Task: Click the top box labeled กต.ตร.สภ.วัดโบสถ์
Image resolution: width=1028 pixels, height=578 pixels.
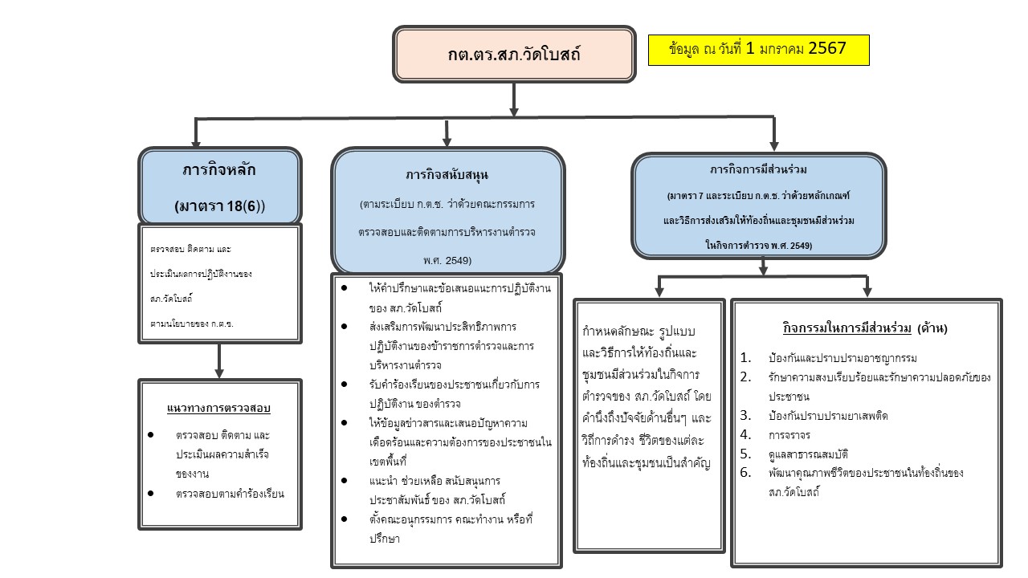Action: click(514, 55)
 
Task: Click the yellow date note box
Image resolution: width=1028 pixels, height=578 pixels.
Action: click(758, 49)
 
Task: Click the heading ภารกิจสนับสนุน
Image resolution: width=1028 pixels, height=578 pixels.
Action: click(447, 174)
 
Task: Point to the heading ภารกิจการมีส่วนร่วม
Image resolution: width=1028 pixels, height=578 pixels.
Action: click(758, 170)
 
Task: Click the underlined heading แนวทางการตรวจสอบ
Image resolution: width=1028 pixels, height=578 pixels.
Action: click(218, 408)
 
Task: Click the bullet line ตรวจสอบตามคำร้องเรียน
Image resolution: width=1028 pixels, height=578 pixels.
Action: click(229, 494)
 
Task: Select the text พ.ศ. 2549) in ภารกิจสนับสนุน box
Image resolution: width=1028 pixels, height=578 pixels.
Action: click(447, 260)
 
